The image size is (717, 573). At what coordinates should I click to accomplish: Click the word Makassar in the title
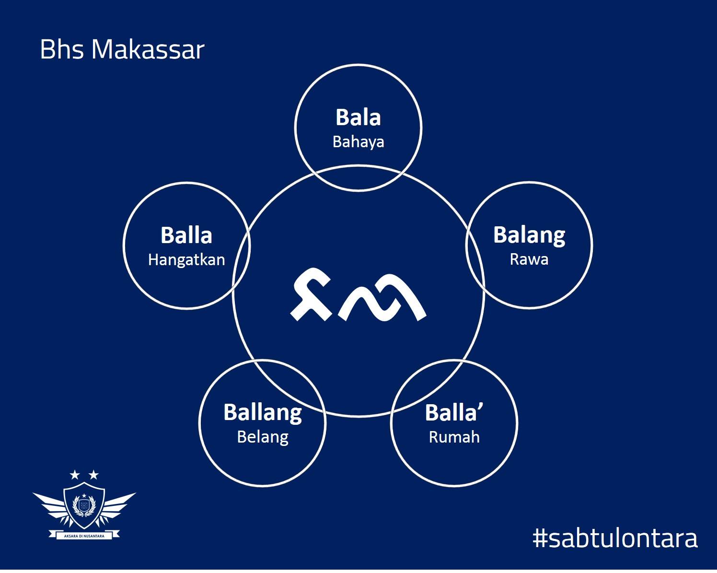pos(148,50)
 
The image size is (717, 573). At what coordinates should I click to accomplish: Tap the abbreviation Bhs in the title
pos(62,49)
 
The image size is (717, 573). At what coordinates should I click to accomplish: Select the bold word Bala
pos(358,117)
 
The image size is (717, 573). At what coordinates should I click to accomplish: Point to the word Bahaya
pos(358,142)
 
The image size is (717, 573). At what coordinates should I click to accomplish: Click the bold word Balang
pos(529,235)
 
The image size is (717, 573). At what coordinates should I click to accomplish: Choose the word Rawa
pos(529,259)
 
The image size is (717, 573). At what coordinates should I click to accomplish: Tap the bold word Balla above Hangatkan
pos(186,235)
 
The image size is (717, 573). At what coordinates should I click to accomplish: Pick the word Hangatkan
pos(186,260)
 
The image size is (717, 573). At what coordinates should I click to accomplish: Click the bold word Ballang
pos(263,413)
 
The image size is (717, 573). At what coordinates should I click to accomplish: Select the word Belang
pos(263,437)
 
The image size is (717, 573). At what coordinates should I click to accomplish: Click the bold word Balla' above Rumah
pos(454,413)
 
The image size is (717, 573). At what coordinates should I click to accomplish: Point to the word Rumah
pos(454,437)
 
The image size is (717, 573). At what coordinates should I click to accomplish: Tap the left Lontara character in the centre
pos(311,294)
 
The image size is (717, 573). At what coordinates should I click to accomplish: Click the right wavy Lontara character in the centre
pos(382,297)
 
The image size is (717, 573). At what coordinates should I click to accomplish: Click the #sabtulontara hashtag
pos(615,538)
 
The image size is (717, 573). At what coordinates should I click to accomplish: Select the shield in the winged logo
pos(84,505)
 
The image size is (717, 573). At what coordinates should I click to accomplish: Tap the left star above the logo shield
pos(75,474)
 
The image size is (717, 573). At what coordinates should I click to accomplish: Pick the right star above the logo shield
pos(93,474)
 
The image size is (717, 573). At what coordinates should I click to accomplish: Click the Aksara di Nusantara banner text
pos(84,536)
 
